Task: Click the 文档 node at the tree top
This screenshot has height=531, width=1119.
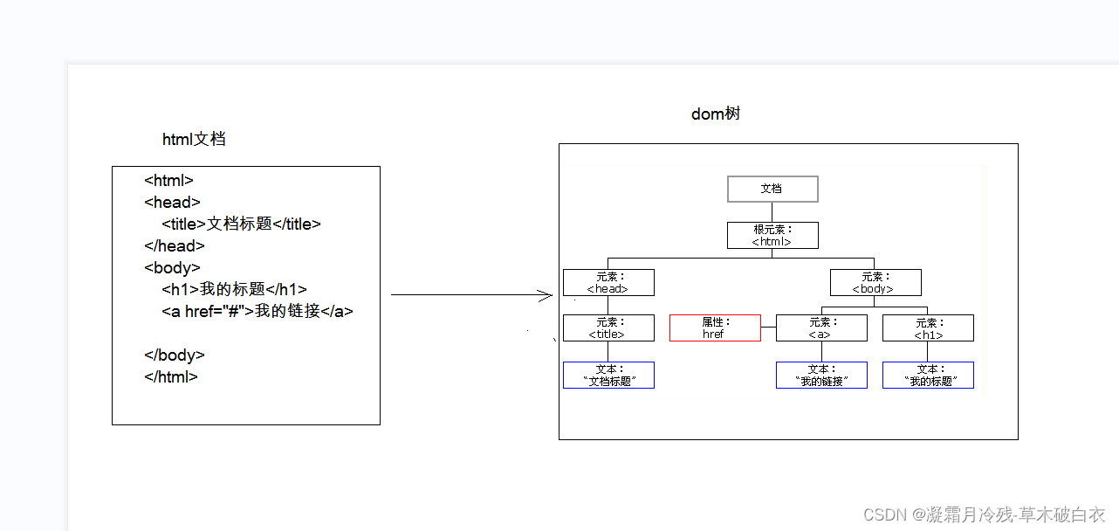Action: [772, 189]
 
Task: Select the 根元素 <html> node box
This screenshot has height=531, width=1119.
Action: [772, 236]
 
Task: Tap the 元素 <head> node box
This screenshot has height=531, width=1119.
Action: [608, 283]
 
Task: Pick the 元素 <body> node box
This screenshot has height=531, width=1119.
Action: [875, 283]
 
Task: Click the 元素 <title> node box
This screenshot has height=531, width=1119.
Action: [608, 328]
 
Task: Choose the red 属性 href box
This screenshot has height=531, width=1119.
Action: [715, 328]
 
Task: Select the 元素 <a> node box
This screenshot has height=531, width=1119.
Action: [821, 328]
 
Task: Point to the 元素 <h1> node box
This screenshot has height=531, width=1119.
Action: [928, 328]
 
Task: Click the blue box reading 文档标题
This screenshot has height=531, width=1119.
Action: [608, 376]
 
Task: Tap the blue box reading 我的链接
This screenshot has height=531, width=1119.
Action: [821, 376]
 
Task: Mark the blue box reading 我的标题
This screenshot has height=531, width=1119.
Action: [928, 376]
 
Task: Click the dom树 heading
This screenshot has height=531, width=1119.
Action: [716, 114]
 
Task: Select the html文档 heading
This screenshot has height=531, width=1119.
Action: [194, 140]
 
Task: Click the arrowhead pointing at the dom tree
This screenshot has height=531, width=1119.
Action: [547, 295]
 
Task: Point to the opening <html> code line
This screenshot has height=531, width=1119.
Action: [168, 181]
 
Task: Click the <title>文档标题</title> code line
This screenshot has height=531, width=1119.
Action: [241, 224]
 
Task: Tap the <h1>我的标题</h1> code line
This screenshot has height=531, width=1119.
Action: [234, 289]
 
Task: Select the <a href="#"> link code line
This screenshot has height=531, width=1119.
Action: [257, 311]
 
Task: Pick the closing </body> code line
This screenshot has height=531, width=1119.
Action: [175, 355]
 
